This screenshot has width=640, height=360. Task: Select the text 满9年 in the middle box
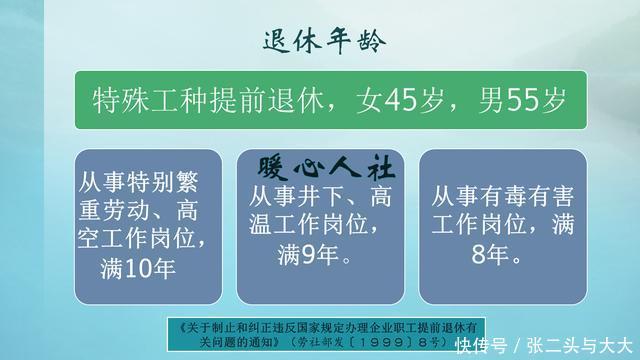coord(314,255)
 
